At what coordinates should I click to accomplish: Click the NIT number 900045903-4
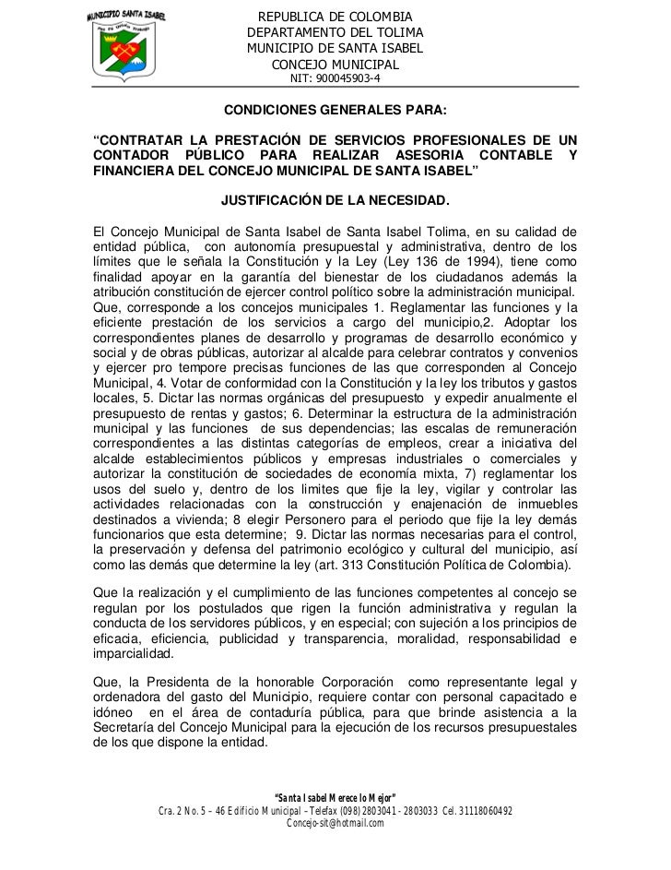[335, 78]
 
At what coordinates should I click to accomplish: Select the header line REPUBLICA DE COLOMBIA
[335, 18]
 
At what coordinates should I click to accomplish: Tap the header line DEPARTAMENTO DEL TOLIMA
[335, 33]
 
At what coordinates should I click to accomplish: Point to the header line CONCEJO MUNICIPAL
[335, 65]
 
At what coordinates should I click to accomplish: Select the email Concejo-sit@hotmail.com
[335, 824]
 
